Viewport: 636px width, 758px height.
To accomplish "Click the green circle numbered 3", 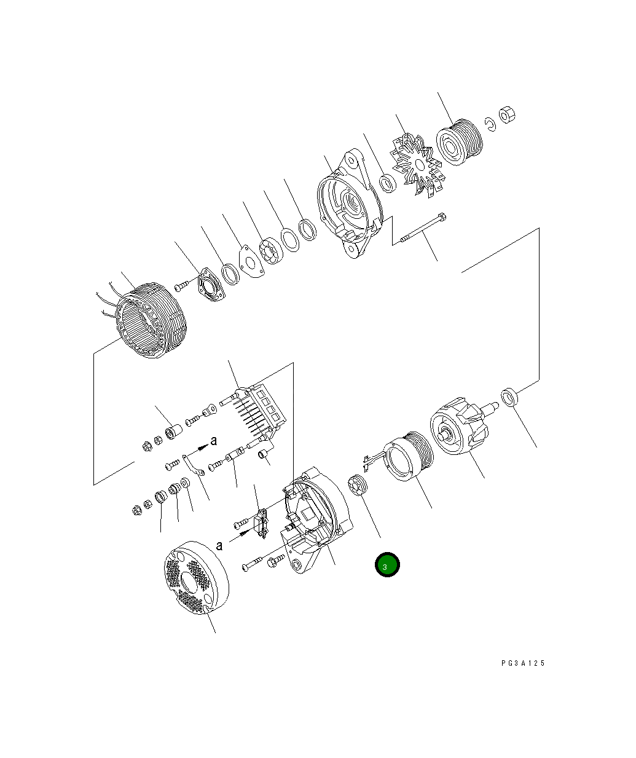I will click(387, 564).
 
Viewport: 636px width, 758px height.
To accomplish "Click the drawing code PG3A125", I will click(522, 663).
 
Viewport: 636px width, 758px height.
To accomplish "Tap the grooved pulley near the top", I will click(461, 146).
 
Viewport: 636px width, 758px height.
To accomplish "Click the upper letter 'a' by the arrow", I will click(214, 440).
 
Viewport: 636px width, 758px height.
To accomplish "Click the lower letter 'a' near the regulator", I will click(219, 545).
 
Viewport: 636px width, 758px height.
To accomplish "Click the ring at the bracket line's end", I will click(509, 397).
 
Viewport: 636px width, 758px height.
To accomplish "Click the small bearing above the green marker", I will click(357, 486).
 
